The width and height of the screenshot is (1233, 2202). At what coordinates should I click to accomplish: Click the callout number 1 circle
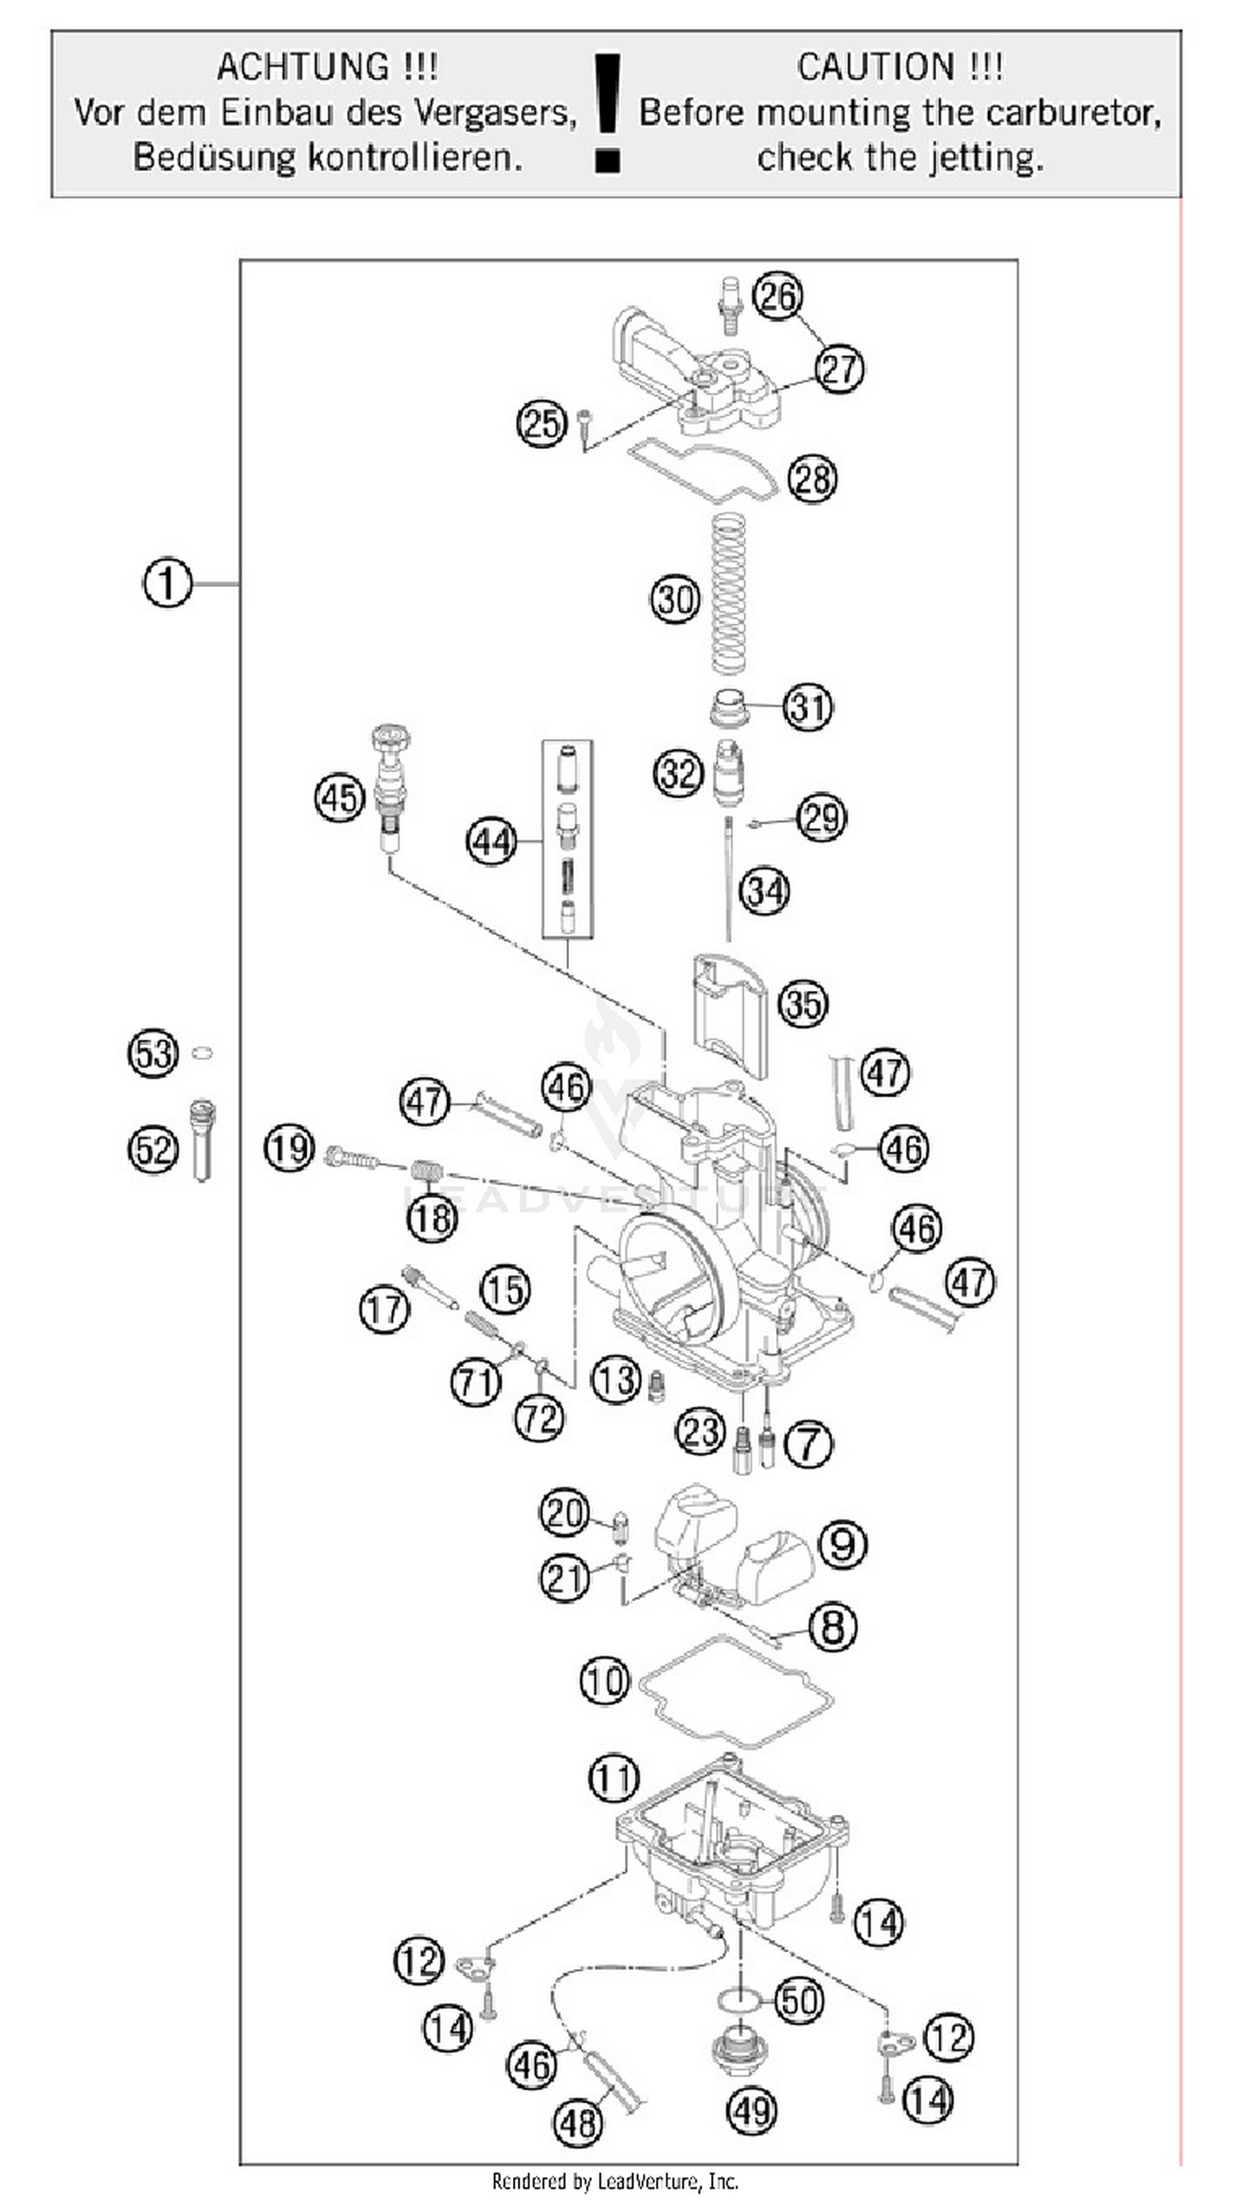[x=167, y=584]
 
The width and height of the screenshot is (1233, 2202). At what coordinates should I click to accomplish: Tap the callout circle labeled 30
[x=675, y=599]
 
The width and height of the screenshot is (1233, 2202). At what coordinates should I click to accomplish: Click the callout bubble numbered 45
[x=339, y=798]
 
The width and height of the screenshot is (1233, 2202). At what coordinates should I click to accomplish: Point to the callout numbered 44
[x=492, y=842]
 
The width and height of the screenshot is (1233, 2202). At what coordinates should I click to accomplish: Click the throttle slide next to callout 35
[x=731, y=1013]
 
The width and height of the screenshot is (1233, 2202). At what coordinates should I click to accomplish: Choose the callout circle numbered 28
[x=812, y=478]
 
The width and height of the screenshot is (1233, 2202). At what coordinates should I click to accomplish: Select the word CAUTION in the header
[x=875, y=67]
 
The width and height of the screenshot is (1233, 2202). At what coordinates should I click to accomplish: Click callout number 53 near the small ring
[x=153, y=1053]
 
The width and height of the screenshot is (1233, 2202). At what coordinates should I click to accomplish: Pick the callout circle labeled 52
[x=153, y=1149]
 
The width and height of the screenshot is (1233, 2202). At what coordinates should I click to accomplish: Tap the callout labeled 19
[x=289, y=1148]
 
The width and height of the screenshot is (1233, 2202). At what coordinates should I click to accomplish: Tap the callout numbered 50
[x=800, y=2001]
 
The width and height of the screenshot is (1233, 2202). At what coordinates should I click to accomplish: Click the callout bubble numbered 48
[x=579, y=2122]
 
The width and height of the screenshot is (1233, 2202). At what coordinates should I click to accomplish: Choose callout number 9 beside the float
[x=843, y=1545]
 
